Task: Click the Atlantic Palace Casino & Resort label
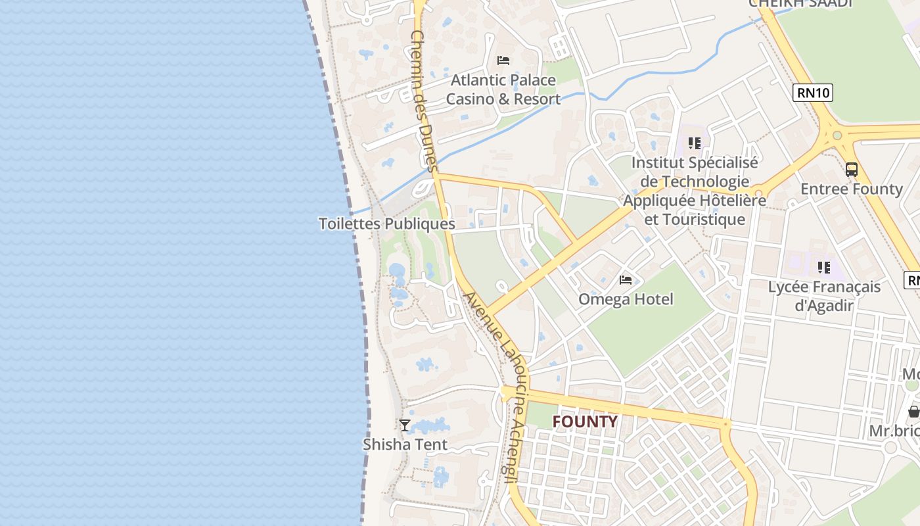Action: click(503, 89)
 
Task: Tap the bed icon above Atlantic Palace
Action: click(503, 60)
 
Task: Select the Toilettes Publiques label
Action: click(387, 224)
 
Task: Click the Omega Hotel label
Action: click(626, 299)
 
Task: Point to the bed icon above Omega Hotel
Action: click(626, 280)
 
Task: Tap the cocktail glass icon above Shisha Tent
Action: click(405, 425)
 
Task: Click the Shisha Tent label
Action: click(405, 444)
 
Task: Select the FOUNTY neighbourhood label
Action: click(585, 421)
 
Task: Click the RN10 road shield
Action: click(813, 93)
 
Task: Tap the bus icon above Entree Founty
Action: click(852, 170)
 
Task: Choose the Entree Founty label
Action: click(852, 189)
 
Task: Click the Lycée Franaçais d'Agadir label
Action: click(824, 296)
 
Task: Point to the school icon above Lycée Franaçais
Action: click(824, 268)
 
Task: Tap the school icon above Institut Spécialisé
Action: click(695, 143)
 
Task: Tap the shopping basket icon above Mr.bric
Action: click(914, 412)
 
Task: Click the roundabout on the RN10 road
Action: click(837, 136)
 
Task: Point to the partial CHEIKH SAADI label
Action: click(800, 3)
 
